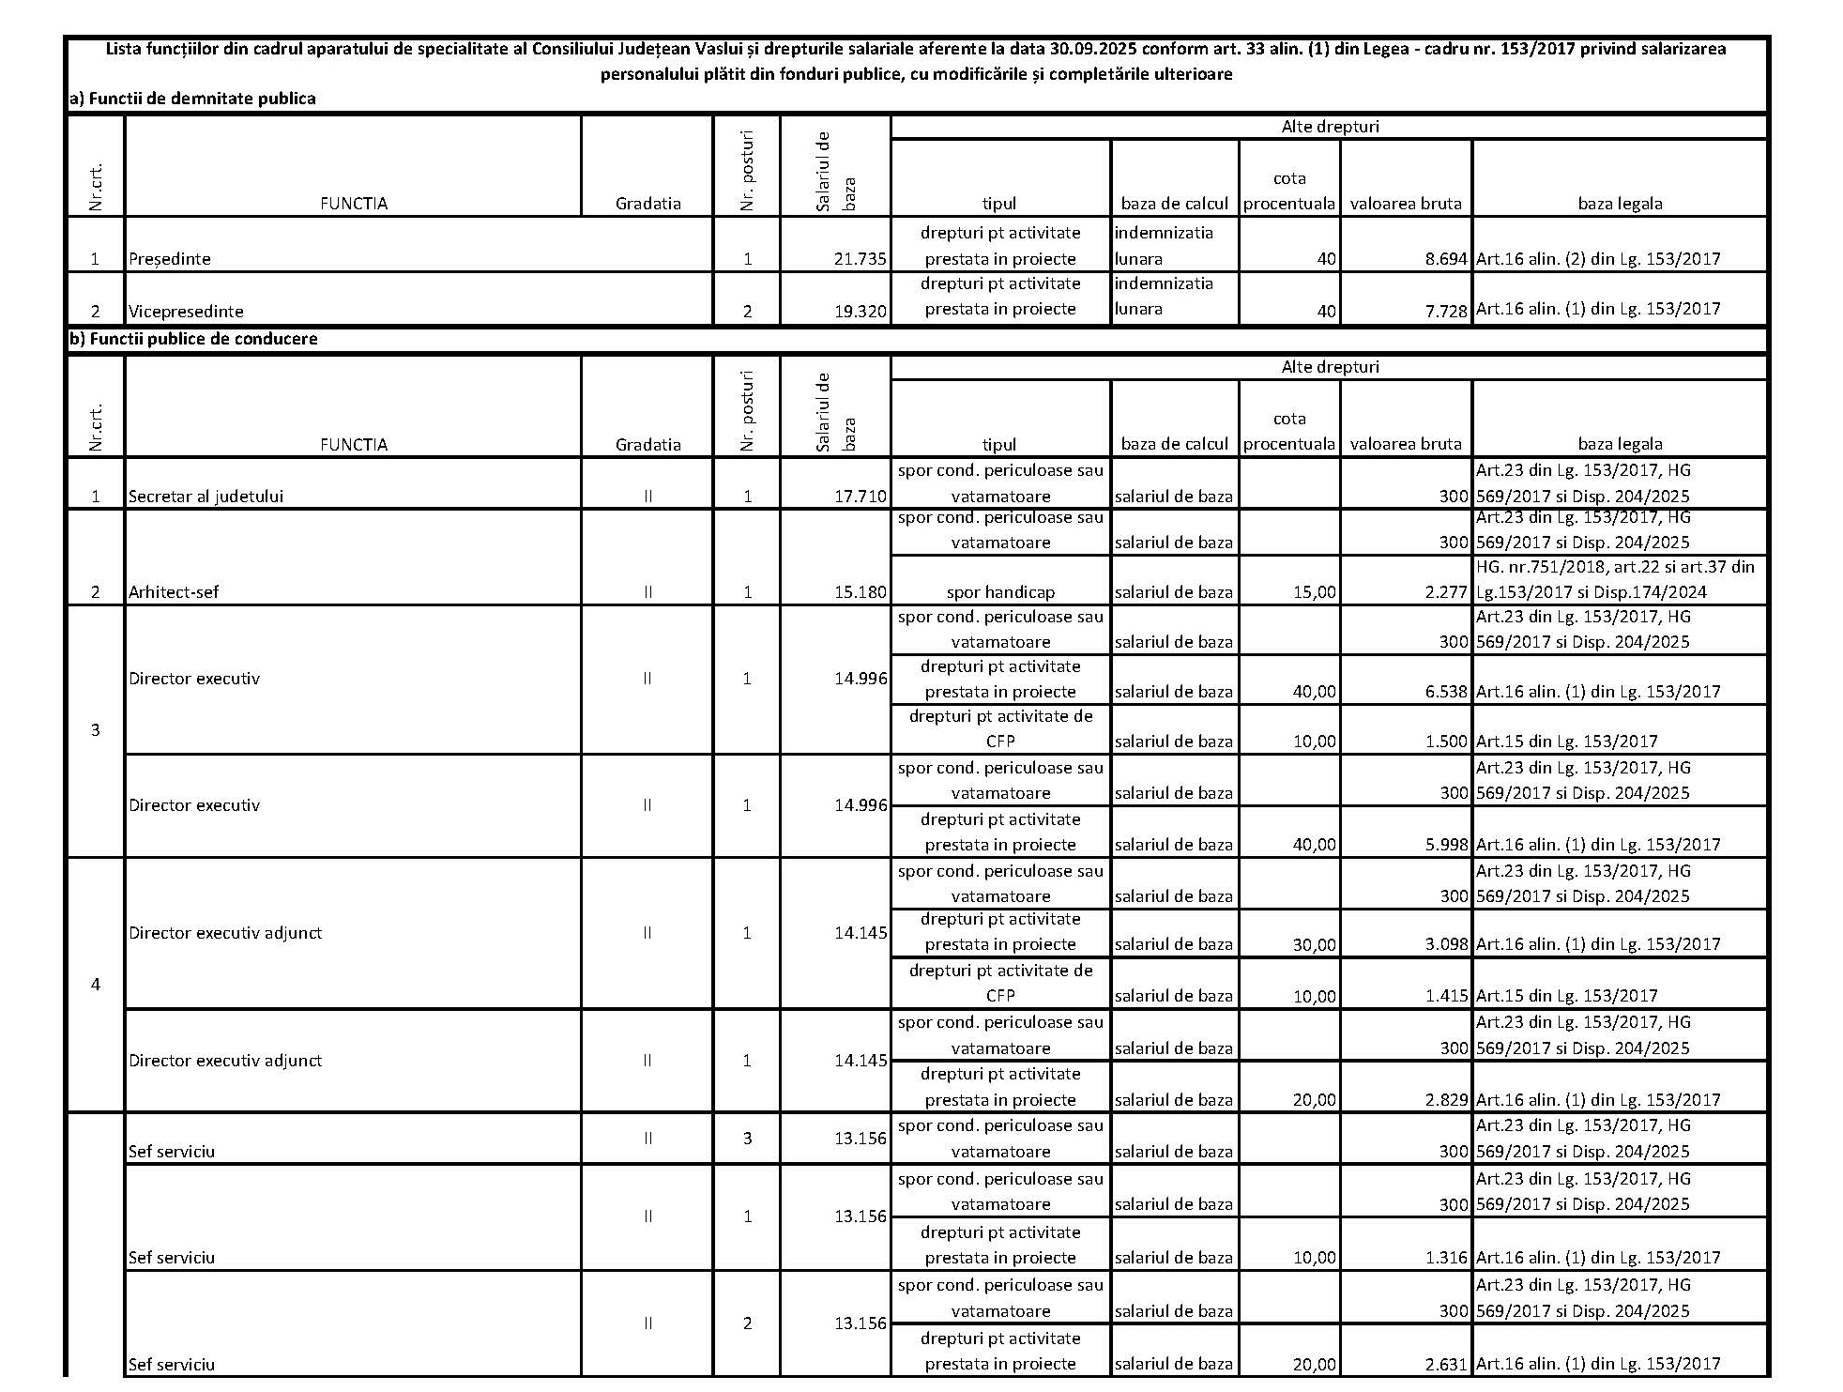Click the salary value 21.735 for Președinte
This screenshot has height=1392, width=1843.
860,259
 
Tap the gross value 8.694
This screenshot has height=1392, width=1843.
1445,259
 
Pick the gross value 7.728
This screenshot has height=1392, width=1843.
1445,312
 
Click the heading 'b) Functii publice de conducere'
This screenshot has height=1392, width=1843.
193,339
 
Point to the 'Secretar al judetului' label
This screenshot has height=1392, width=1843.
206,497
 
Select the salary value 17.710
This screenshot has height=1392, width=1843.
860,497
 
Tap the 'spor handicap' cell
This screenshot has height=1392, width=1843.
1000,592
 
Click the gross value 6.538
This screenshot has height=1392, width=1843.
1445,692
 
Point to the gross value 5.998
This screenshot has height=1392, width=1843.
1445,845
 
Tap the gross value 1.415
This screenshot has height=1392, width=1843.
1445,996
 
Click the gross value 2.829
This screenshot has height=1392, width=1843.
1445,1100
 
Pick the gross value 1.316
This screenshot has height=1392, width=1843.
1445,1258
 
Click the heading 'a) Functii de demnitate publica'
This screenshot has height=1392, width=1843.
192,99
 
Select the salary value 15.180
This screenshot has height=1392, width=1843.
860,592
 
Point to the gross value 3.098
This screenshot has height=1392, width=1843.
1445,945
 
